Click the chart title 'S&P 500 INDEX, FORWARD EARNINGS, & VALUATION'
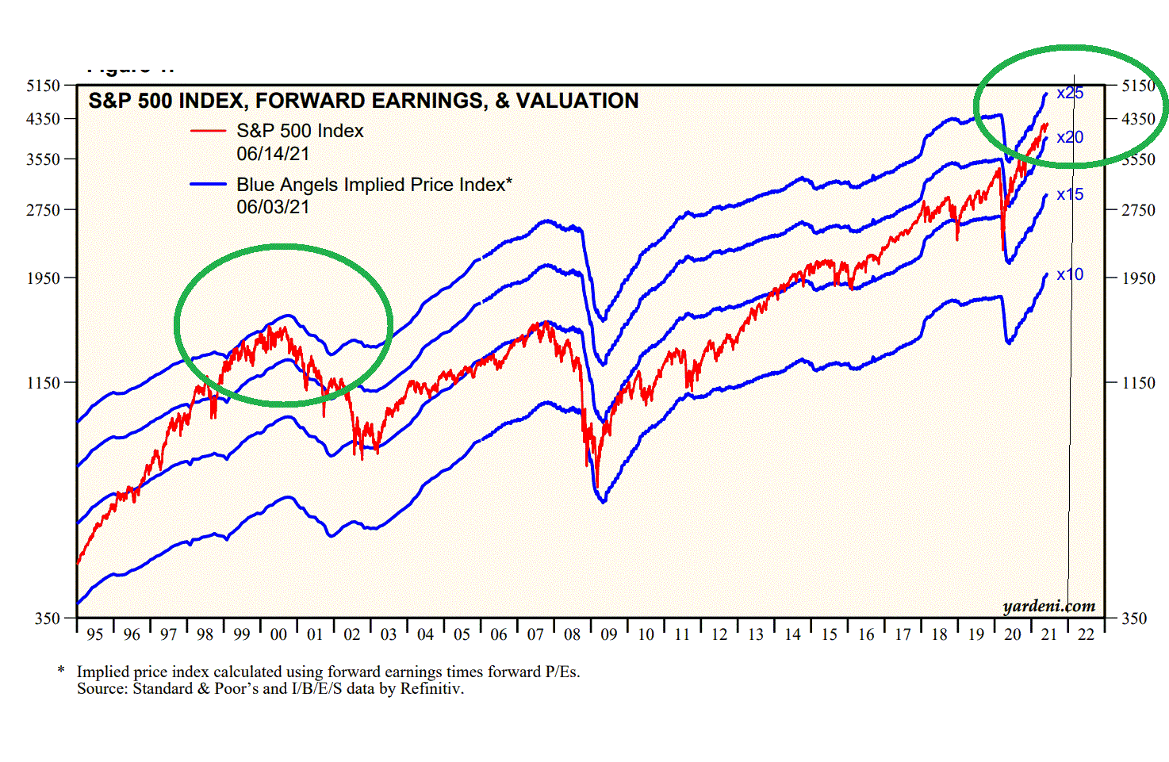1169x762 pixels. coord(363,101)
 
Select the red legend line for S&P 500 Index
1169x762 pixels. coord(208,131)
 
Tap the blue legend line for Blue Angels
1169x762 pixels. coord(208,184)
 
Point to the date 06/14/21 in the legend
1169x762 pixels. coord(273,153)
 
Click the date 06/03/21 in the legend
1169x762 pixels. coord(273,207)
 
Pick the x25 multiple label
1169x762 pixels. coord(1070,93)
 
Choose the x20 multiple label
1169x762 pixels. coord(1070,137)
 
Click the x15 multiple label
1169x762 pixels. coord(1070,194)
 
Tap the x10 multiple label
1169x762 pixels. coord(1070,274)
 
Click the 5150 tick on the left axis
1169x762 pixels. coord(44,86)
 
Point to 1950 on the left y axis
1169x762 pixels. coord(44,278)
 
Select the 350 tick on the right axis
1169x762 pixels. coord(1134,618)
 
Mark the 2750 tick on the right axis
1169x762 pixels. coord(1138,210)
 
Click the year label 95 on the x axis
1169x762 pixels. coord(95,634)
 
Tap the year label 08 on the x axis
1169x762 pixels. coord(572,634)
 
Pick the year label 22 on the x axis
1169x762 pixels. coord(1086,634)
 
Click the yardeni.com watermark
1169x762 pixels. coord(1048,607)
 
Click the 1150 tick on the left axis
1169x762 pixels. coord(44,383)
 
